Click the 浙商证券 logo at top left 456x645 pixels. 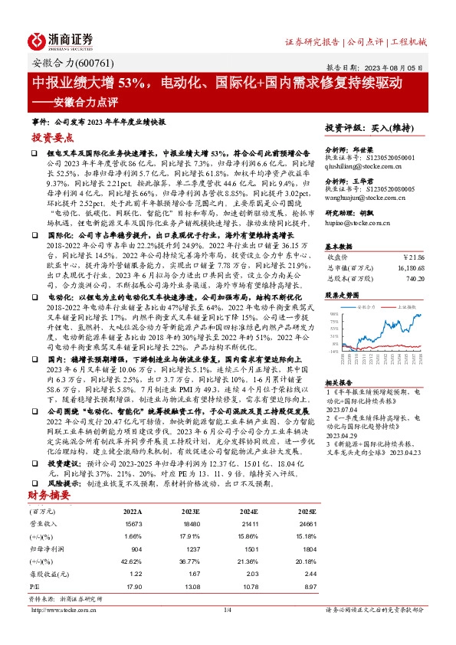pos(61,41)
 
